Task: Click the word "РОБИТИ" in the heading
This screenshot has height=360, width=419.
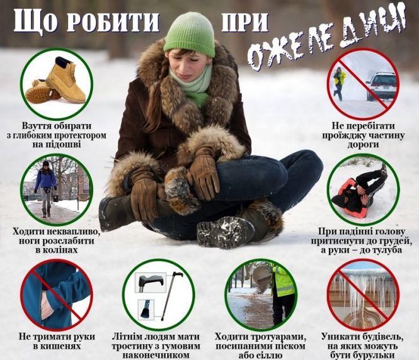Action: [x=113, y=21]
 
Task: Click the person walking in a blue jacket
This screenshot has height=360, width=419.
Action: [x=45, y=185]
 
